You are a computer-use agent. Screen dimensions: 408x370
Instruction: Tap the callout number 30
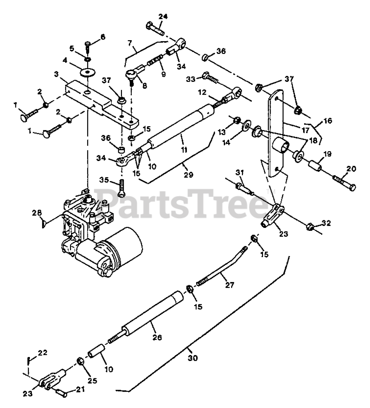pyautogui.click(x=193, y=358)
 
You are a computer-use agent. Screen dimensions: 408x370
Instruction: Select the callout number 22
pyautogui.click(x=43, y=353)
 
